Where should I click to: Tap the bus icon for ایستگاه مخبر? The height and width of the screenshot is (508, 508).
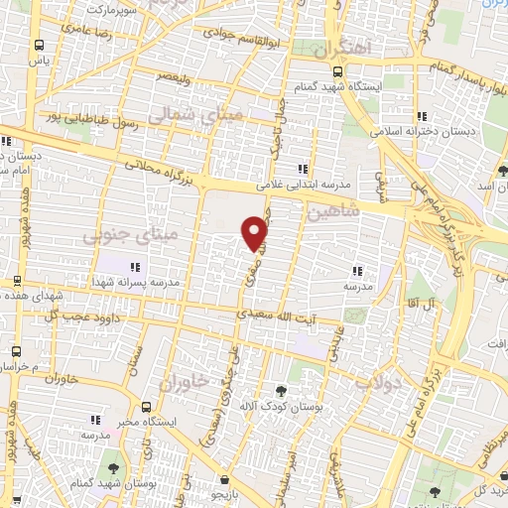click(x=147, y=407)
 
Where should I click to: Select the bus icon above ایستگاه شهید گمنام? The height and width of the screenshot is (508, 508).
click(x=337, y=71)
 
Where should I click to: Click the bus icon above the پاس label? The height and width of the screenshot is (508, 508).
click(x=39, y=46)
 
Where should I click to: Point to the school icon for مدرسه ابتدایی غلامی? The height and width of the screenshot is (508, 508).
click(x=302, y=169)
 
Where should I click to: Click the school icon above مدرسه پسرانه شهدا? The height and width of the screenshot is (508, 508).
click(x=135, y=266)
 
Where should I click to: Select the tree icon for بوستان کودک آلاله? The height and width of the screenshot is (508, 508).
click(x=281, y=390)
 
